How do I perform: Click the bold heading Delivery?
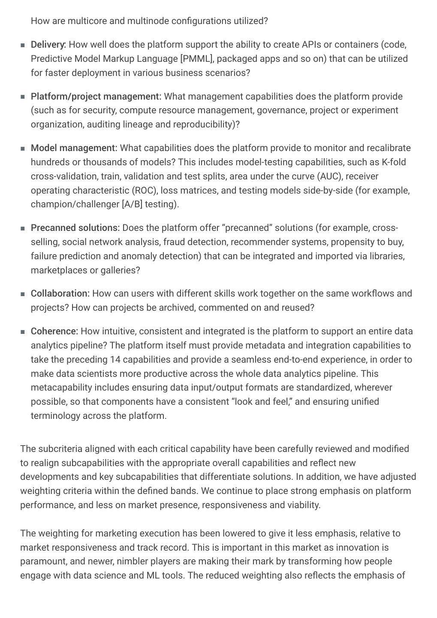[x=48, y=45]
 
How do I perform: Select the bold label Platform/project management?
[x=96, y=97]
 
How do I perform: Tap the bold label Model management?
[x=74, y=148]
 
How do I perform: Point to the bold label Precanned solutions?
[x=75, y=228]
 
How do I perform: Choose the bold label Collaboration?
[x=60, y=294]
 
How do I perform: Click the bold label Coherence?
[x=54, y=331]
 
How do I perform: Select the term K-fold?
[x=394, y=162]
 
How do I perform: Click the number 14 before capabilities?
[x=115, y=360]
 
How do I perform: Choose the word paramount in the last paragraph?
[x=40, y=561]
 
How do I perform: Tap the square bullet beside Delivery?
[x=23, y=45]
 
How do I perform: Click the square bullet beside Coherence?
[x=23, y=332]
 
